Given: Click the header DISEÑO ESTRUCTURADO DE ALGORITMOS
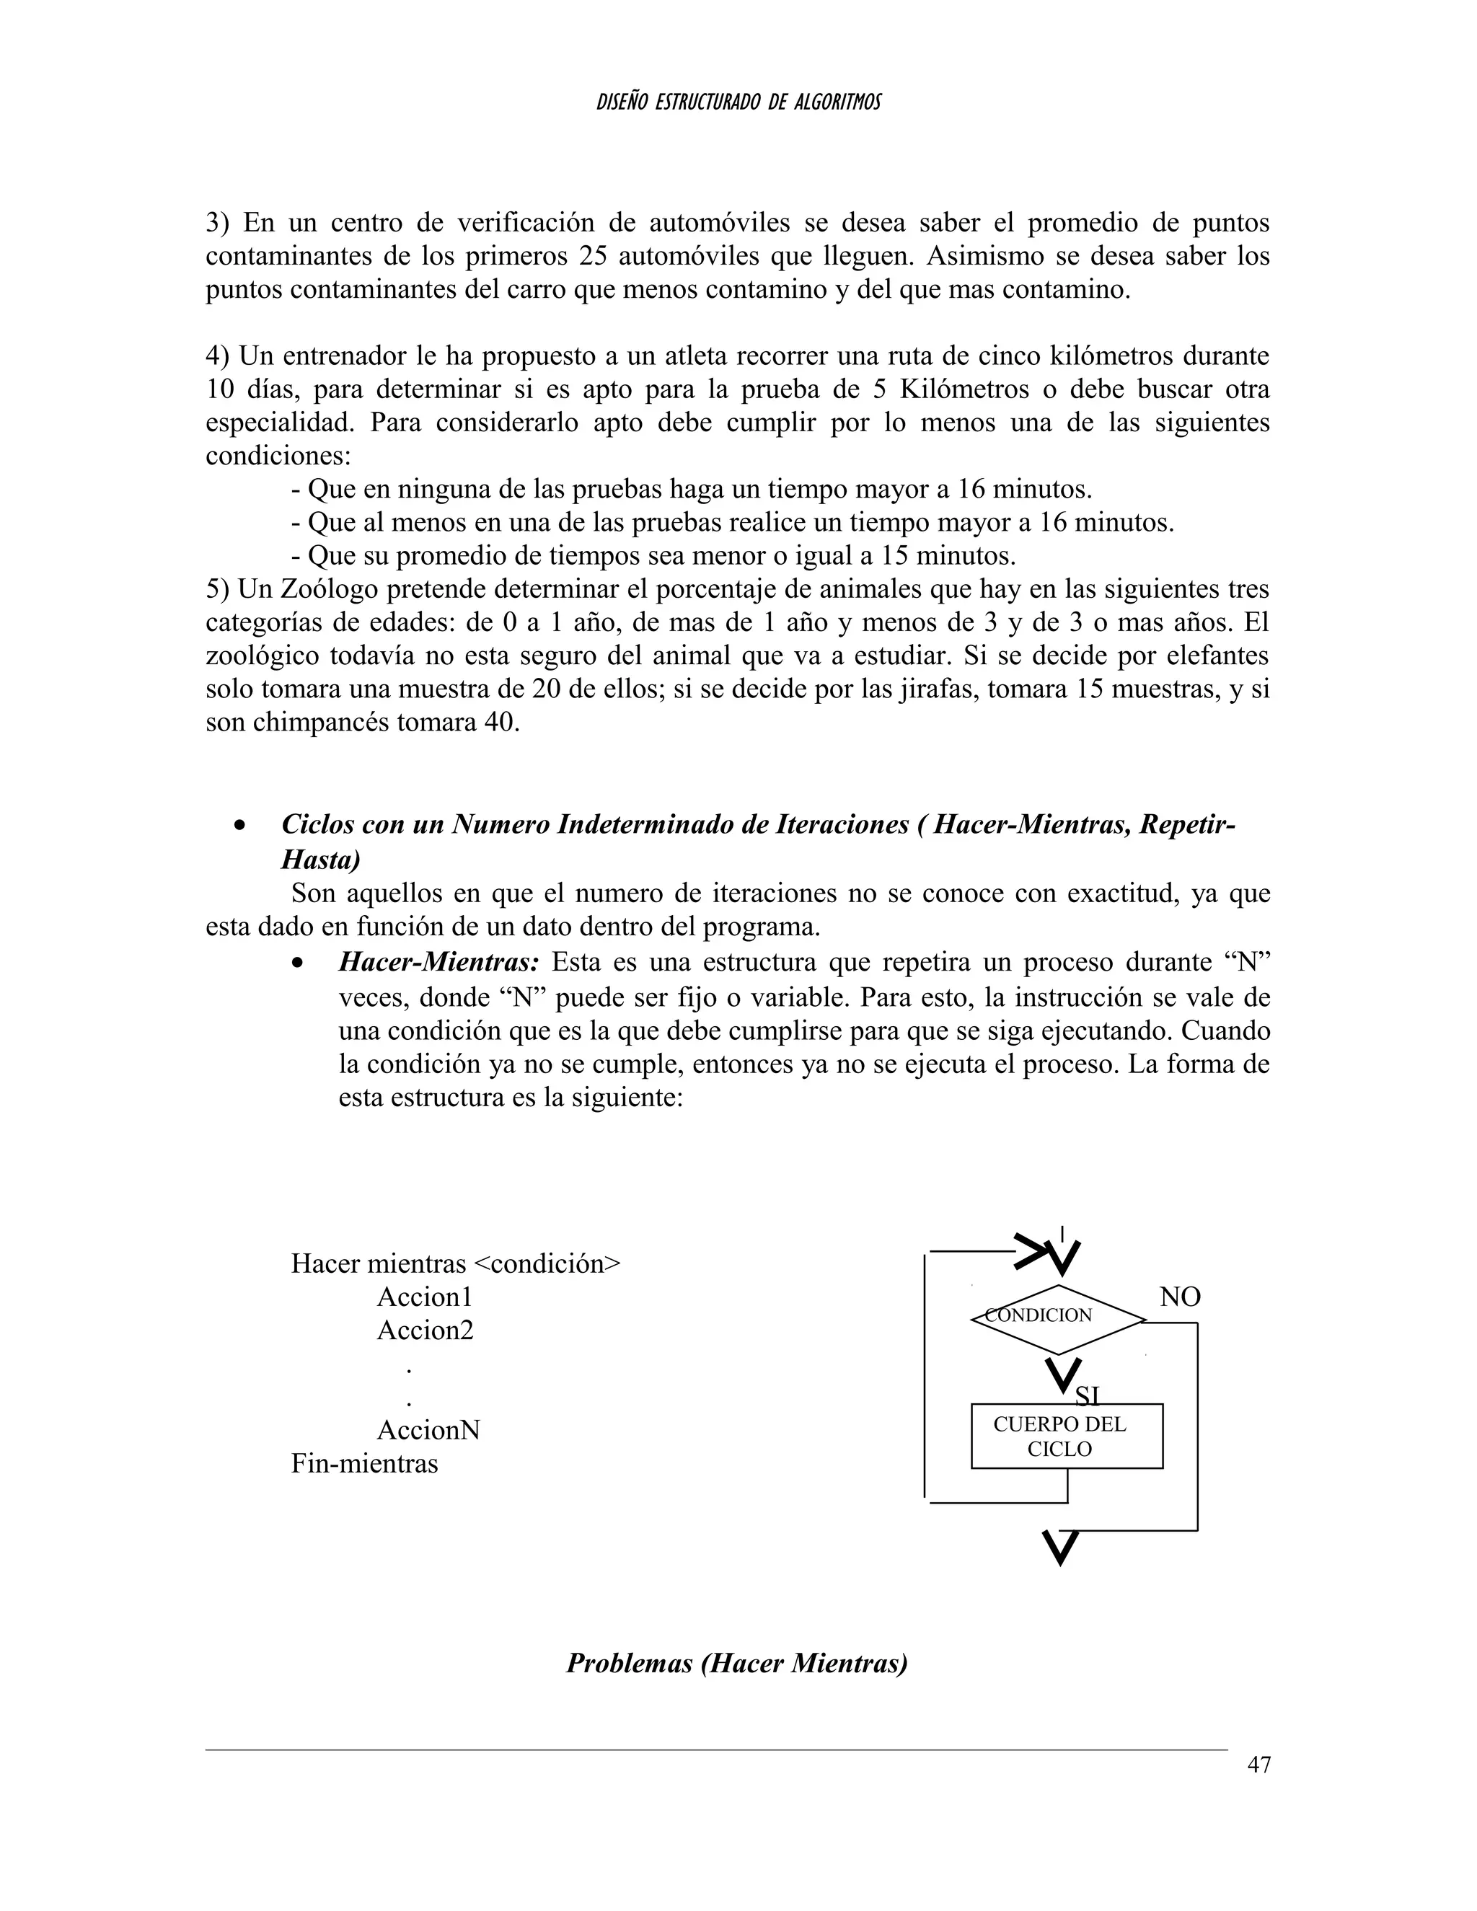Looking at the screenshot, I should coord(738,102).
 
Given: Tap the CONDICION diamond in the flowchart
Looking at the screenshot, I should coord(1058,1319).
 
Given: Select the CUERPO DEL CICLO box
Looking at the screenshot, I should coord(1067,1436).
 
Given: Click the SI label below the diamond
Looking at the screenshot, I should coord(1087,1395).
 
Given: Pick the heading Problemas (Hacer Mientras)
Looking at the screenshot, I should coord(737,1662).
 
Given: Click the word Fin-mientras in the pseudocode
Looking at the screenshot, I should coord(364,1464).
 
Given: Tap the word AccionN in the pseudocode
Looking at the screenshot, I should coord(428,1431).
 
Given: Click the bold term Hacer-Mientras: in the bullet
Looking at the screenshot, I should coord(438,963).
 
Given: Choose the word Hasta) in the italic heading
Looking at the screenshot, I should coord(320,860).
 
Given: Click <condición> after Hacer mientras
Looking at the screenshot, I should coord(547,1264).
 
